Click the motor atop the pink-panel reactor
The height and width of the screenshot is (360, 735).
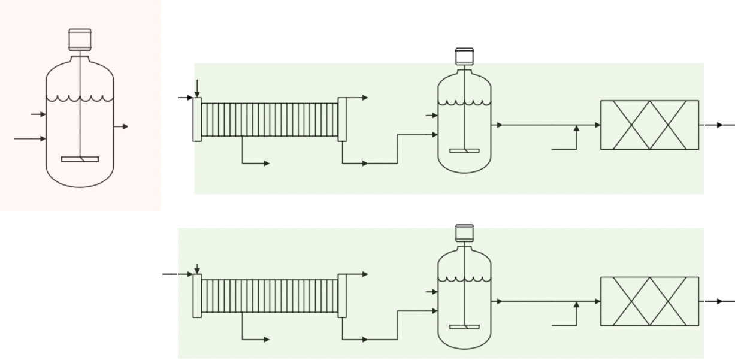pyautogui.click(x=80, y=40)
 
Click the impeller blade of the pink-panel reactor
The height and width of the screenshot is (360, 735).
pyautogui.click(x=80, y=159)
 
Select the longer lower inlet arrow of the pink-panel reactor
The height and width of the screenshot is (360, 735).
pyautogui.click(x=30, y=138)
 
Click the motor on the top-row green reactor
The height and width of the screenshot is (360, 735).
pyautogui.click(x=465, y=56)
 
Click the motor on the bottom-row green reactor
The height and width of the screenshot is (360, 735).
pyautogui.click(x=465, y=232)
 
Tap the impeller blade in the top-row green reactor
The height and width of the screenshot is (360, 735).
pyautogui.click(x=464, y=150)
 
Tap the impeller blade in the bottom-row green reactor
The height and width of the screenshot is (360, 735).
pyautogui.click(x=464, y=326)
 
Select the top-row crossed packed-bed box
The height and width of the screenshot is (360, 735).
pyautogui.click(x=649, y=125)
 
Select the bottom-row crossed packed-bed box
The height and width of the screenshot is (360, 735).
pyautogui.click(x=649, y=301)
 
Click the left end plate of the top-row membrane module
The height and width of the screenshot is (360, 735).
pyautogui.click(x=197, y=119)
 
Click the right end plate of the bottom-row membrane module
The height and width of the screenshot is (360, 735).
pyautogui.click(x=342, y=295)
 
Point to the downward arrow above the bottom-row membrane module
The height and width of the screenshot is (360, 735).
pyautogui.click(x=197, y=267)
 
